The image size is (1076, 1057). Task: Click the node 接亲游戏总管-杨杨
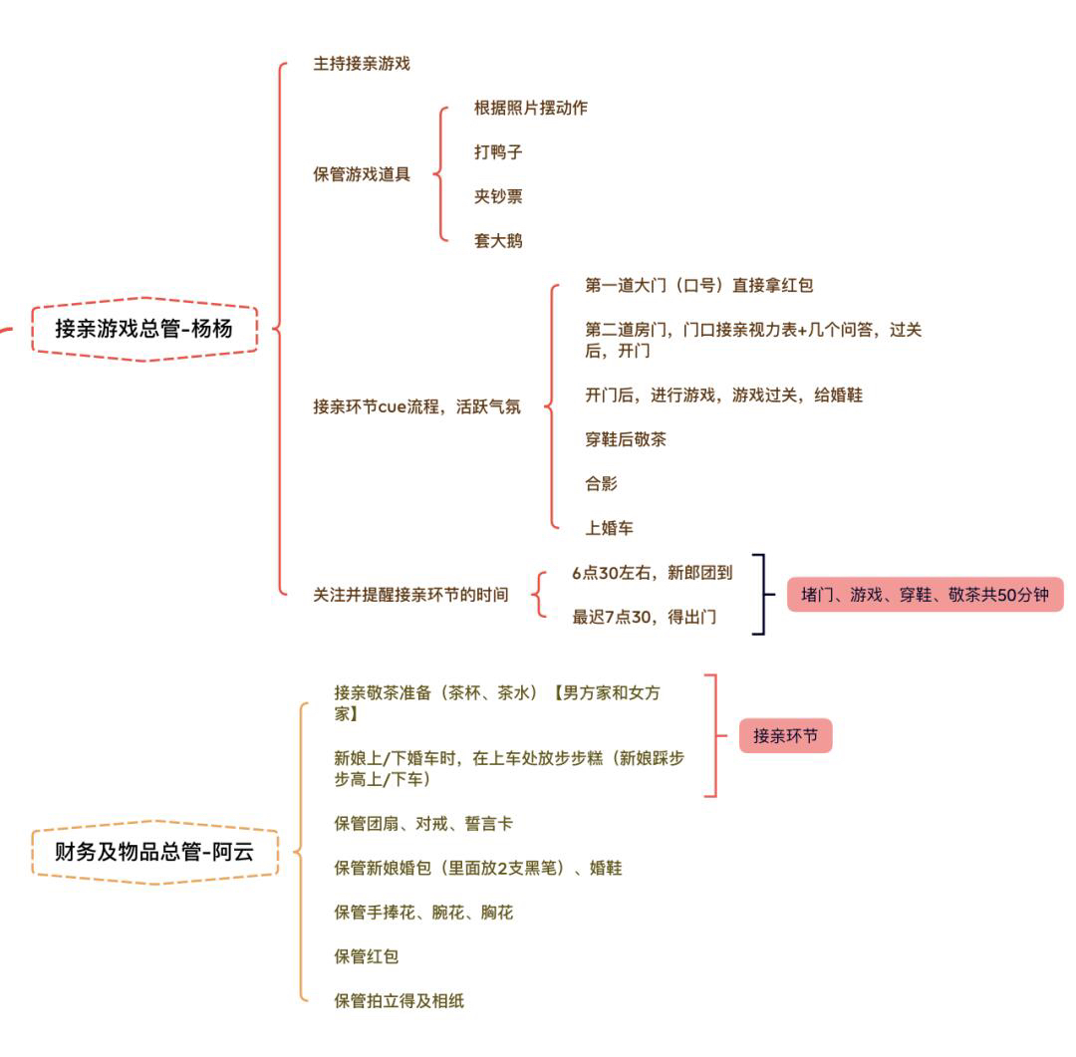(x=144, y=329)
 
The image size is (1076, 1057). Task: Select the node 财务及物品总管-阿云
(x=154, y=852)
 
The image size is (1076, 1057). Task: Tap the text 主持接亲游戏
(x=362, y=64)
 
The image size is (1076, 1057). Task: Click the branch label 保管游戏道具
(x=362, y=174)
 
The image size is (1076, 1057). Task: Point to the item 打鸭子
(x=498, y=151)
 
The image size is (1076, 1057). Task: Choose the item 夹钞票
(x=498, y=196)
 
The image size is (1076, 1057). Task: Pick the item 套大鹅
(x=498, y=241)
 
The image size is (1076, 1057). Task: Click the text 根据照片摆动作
(x=530, y=108)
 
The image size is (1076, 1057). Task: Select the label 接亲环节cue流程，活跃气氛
(x=417, y=407)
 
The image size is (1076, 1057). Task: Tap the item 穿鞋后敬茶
(x=625, y=439)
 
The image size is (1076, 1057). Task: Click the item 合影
(x=601, y=484)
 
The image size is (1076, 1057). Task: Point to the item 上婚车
(x=609, y=528)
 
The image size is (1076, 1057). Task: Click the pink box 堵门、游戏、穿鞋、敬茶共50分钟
(x=925, y=595)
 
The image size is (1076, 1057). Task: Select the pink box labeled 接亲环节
(x=786, y=736)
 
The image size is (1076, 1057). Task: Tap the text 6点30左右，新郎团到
(x=652, y=573)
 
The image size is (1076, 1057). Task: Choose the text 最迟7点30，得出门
(x=644, y=617)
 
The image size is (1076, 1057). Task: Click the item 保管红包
(x=367, y=956)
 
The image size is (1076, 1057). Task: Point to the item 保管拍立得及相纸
(x=400, y=1001)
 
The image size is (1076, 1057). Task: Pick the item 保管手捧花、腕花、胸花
(x=423, y=913)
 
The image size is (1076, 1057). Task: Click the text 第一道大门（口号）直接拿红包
(x=698, y=285)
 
